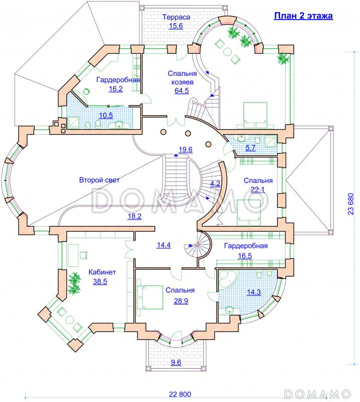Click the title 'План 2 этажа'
tap(303, 16)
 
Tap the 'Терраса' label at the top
tap(176, 17)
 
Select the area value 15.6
tap(176, 26)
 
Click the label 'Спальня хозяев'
tap(182, 78)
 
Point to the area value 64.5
tap(182, 90)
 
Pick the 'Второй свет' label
tap(99, 180)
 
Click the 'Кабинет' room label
tap(102, 272)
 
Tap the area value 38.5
tap(100, 281)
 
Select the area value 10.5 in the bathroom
tap(106, 116)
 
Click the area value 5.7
tap(250, 148)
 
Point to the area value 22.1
tap(257, 189)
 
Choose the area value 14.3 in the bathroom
tap(254, 292)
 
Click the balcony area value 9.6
tap(176, 362)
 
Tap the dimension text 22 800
tap(180, 394)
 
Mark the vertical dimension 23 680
tap(351, 204)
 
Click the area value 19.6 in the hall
tap(185, 149)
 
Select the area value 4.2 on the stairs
tap(215, 183)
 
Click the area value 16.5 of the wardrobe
tap(244, 256)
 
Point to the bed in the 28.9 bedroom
tap(150, 297)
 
